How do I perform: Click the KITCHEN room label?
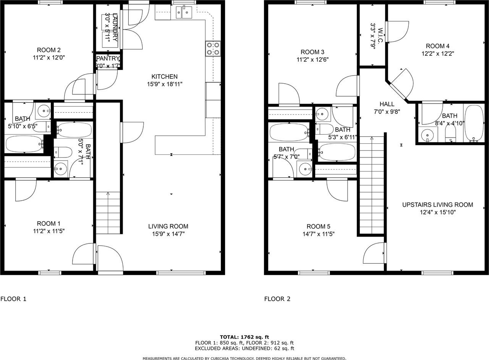(164, 76)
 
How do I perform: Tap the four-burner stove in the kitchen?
(213, 49)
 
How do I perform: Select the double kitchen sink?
(184, 13)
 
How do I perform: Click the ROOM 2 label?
(49, 50)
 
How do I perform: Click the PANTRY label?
(108, 58)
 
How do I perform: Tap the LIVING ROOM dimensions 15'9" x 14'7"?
(168, 234)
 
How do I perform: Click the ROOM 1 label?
(49, 224)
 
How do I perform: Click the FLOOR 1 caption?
(13, 299)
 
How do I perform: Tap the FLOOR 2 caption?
(277, 299)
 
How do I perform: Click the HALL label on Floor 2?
(387, 104)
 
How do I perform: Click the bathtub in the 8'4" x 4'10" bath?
(474, 123)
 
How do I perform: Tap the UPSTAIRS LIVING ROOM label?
(437, 205)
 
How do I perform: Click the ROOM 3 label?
(313, 52)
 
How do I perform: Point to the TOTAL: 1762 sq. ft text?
(244, 337)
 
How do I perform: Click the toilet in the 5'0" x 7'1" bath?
(63, 152)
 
